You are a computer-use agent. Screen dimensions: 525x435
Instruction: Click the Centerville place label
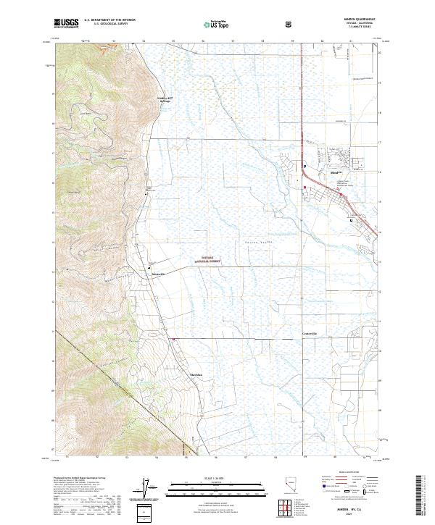(310, 332)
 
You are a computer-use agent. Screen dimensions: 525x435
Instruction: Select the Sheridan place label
(196, 374)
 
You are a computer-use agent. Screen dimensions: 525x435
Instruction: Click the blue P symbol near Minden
(305, 166)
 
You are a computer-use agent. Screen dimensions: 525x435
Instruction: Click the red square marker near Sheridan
(174, 337)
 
